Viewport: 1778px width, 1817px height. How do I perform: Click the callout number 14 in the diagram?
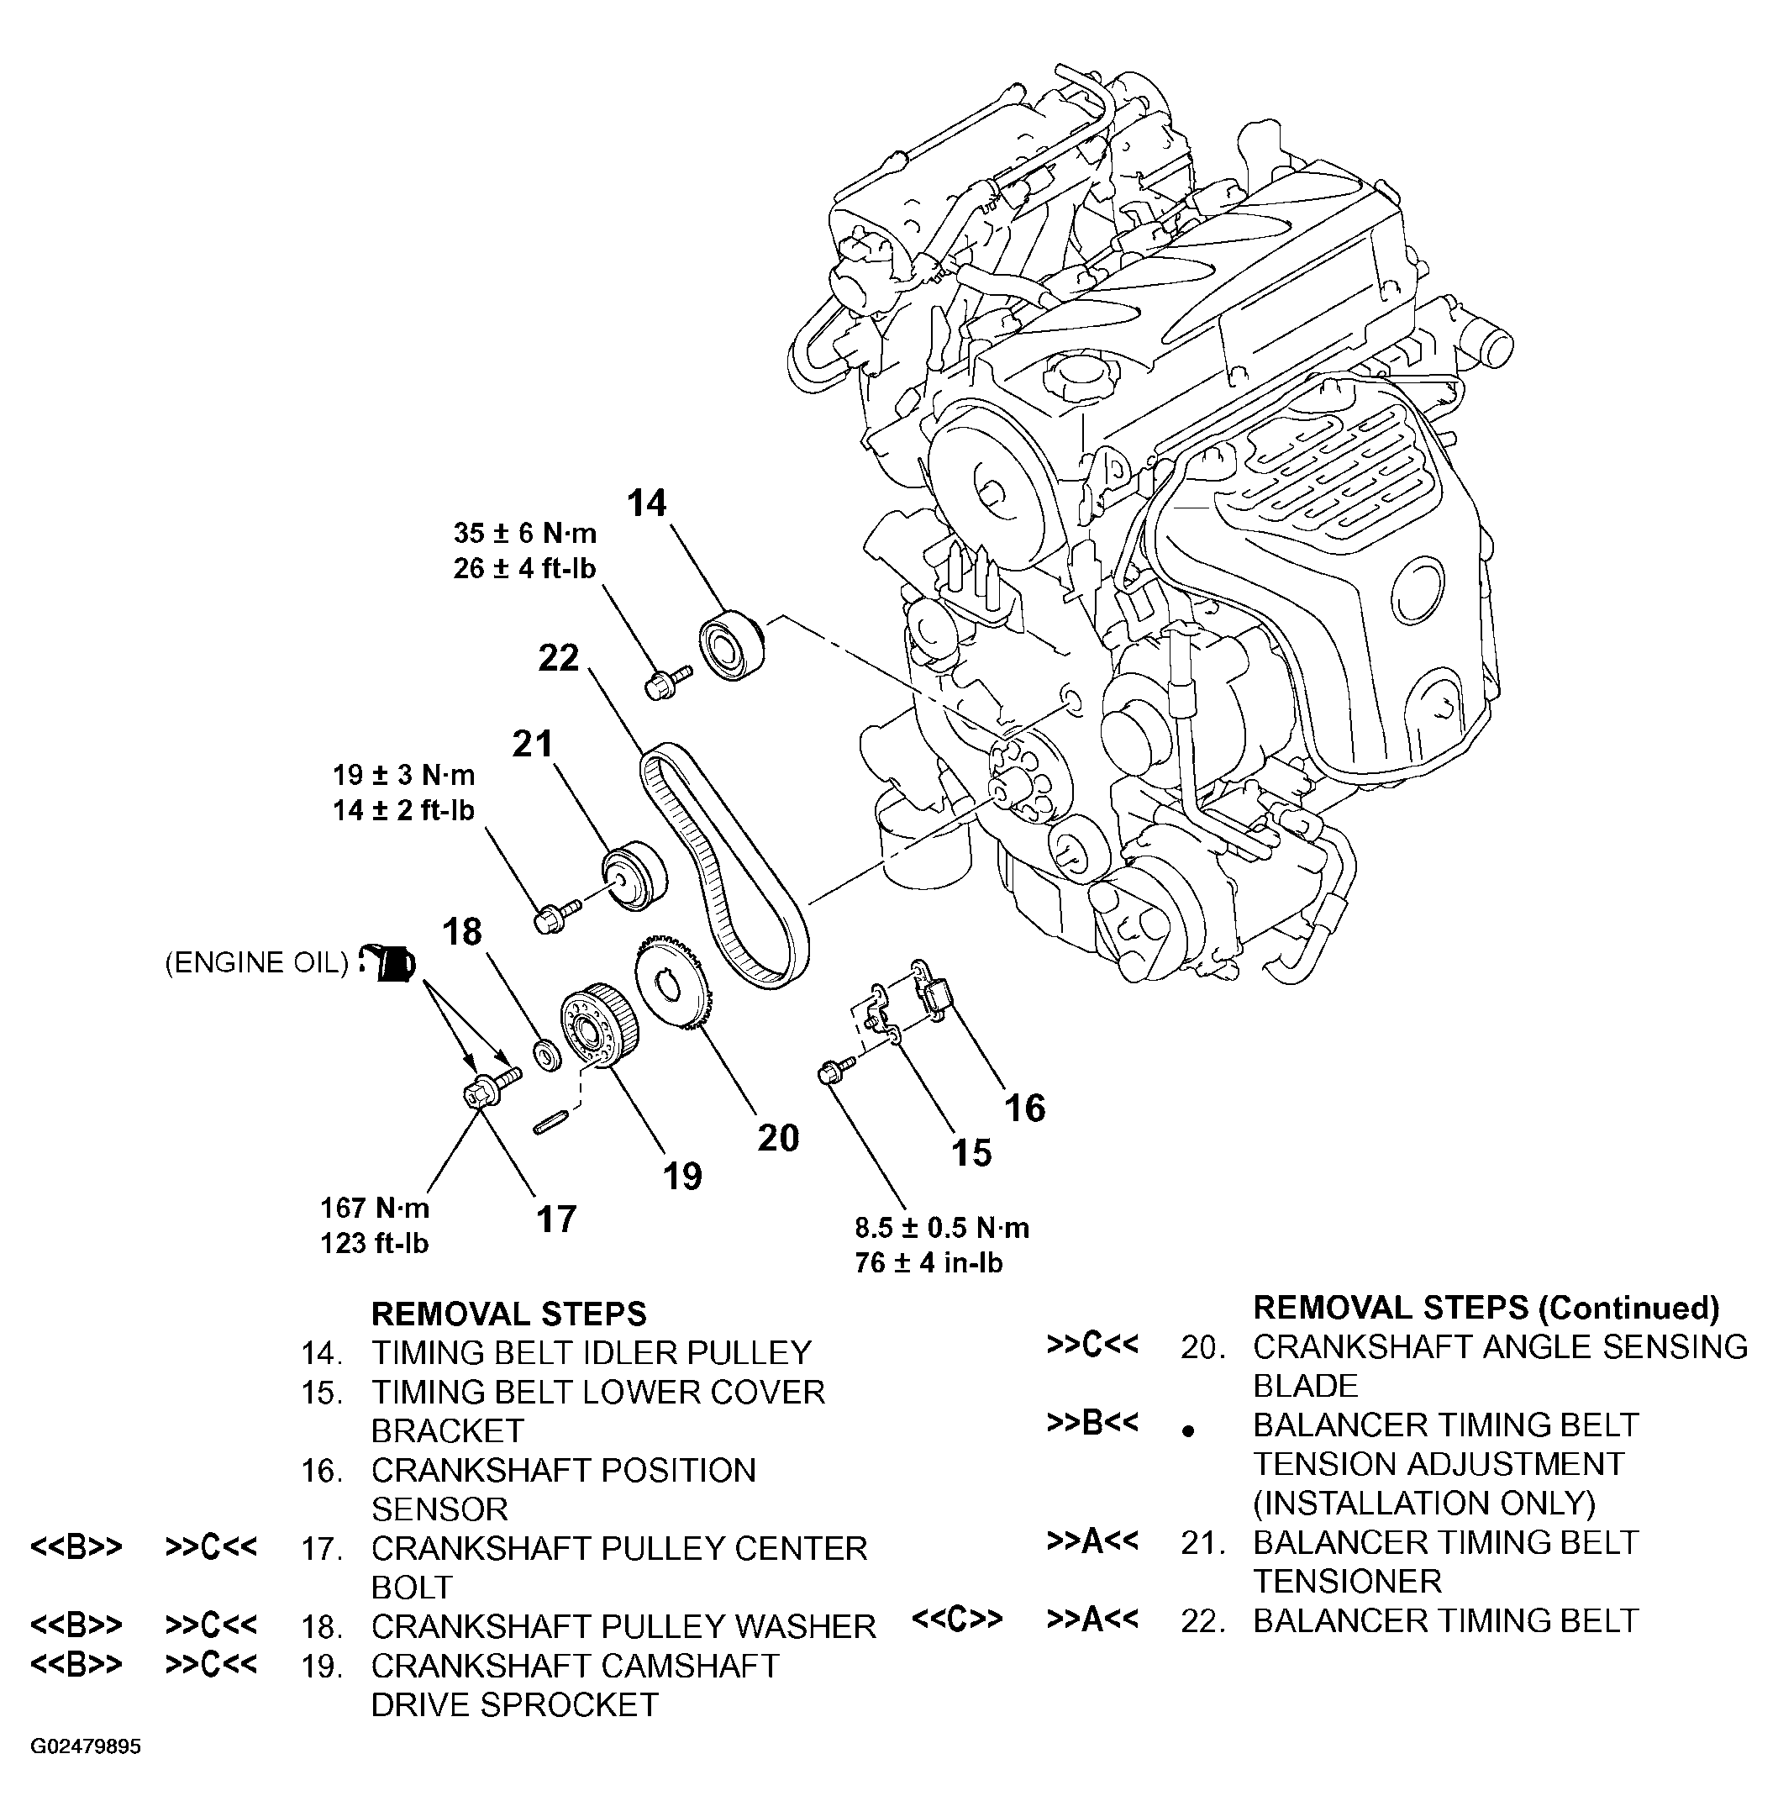click(x=647, y=503)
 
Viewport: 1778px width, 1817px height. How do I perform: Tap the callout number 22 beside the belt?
click(x=559, y=659)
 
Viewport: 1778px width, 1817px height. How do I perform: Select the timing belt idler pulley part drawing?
click(x=733, y=644)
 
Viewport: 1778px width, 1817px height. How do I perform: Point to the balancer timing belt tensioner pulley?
click(x=635, y=874)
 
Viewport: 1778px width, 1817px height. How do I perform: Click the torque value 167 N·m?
click(x=376, y=1208)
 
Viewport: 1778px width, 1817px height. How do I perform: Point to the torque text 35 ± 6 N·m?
click(x=525, y=534)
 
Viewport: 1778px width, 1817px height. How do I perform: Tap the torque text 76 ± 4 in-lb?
click(x=929, y=1263)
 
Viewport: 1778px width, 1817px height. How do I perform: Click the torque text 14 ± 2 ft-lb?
click(x=403, y=811)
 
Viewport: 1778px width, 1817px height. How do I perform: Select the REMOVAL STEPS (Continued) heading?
click(x=1486, y=1308)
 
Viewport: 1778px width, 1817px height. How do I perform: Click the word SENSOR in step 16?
click(x=439, y=1509)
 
